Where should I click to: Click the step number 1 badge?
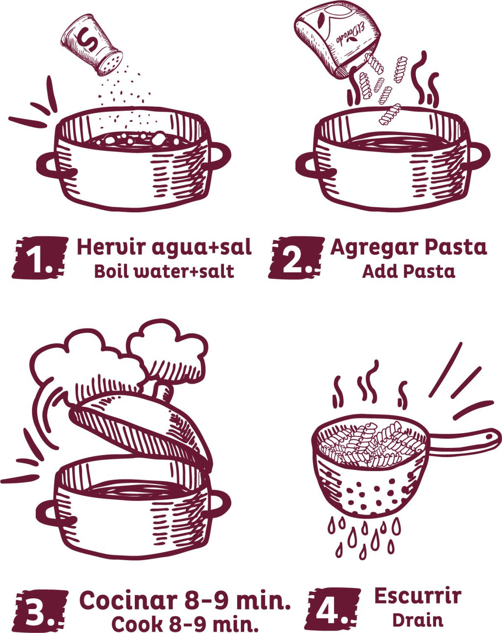(39, 258)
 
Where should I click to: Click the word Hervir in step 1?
(111, 247)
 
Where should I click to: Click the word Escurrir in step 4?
(417, 596)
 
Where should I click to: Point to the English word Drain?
(417, 620)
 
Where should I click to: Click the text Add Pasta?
(408, 271)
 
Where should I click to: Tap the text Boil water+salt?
(164, 271)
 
